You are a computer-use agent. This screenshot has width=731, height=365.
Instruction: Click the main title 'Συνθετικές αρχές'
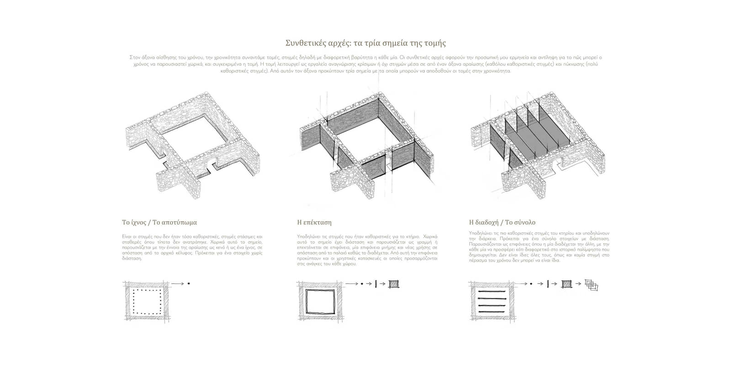coord(365,43)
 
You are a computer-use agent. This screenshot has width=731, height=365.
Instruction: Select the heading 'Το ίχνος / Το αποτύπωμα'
coord(159,223)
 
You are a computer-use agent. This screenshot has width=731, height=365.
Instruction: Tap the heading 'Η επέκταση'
coord(314,223)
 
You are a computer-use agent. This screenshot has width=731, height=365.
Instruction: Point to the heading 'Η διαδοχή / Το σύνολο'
coord(502,223)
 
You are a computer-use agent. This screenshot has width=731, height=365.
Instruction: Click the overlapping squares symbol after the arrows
coord(592,285)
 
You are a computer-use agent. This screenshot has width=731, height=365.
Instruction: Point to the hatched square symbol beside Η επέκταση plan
coord(393,284)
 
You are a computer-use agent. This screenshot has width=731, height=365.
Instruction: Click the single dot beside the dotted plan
coord(189,284)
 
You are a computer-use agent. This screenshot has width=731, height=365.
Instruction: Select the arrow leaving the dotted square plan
coord(178,284)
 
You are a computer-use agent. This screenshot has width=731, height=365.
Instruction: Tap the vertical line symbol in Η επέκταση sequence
coord(376,284)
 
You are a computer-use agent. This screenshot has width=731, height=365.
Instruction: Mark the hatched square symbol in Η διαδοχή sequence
coord(567,284)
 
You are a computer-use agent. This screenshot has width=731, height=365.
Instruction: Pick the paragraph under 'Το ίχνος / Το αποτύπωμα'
coord(192,247)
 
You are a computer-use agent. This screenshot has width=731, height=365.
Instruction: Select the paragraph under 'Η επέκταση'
coord(367,250)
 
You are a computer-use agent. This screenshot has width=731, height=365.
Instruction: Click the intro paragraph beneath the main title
coord(365,64)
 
